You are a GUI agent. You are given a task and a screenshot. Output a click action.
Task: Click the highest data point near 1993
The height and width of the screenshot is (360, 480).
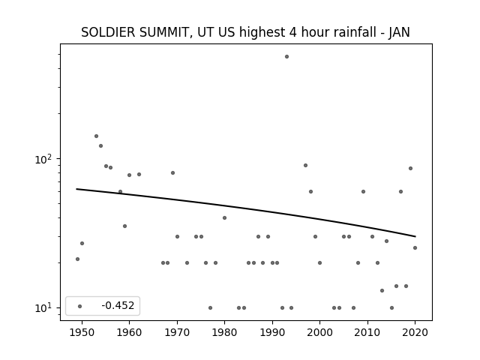click(x=286, y=57)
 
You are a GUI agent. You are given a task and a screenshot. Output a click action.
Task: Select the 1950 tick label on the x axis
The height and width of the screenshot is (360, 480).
click(x=82, y=332)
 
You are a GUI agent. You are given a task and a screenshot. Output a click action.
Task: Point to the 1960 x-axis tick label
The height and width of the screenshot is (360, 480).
click(x=129, y=332)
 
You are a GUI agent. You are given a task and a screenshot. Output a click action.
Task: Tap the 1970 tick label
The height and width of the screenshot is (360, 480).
click(x=177, y=332)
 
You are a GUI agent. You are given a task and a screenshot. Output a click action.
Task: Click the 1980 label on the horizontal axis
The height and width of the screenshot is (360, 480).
click(x=224, y=332)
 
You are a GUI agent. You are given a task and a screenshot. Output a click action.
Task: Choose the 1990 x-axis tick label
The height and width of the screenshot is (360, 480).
click(x=272, y=332)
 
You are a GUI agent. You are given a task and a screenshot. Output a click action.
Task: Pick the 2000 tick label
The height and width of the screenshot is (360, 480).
click(x=320, y=332)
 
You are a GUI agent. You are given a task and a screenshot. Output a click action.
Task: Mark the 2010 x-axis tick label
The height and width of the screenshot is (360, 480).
click(x=367, y=332)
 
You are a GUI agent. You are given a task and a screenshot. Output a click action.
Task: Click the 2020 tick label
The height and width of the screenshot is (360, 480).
click(x=415, y=332)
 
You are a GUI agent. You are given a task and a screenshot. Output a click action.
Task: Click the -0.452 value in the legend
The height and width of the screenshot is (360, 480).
click(x=118, y=305)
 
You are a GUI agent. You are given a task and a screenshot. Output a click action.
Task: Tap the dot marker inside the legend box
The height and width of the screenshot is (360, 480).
click(x=80, y=306)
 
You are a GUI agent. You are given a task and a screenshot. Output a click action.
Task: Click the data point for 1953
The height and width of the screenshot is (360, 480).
click(x=96, y=136)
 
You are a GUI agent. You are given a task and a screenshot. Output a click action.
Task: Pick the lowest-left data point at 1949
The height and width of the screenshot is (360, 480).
click(x=77, y=259)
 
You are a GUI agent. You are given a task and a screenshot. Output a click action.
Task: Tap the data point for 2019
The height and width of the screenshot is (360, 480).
click(x=410, y=168)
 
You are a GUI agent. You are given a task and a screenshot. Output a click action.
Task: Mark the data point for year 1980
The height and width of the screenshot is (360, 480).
click(x=224, y=218)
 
